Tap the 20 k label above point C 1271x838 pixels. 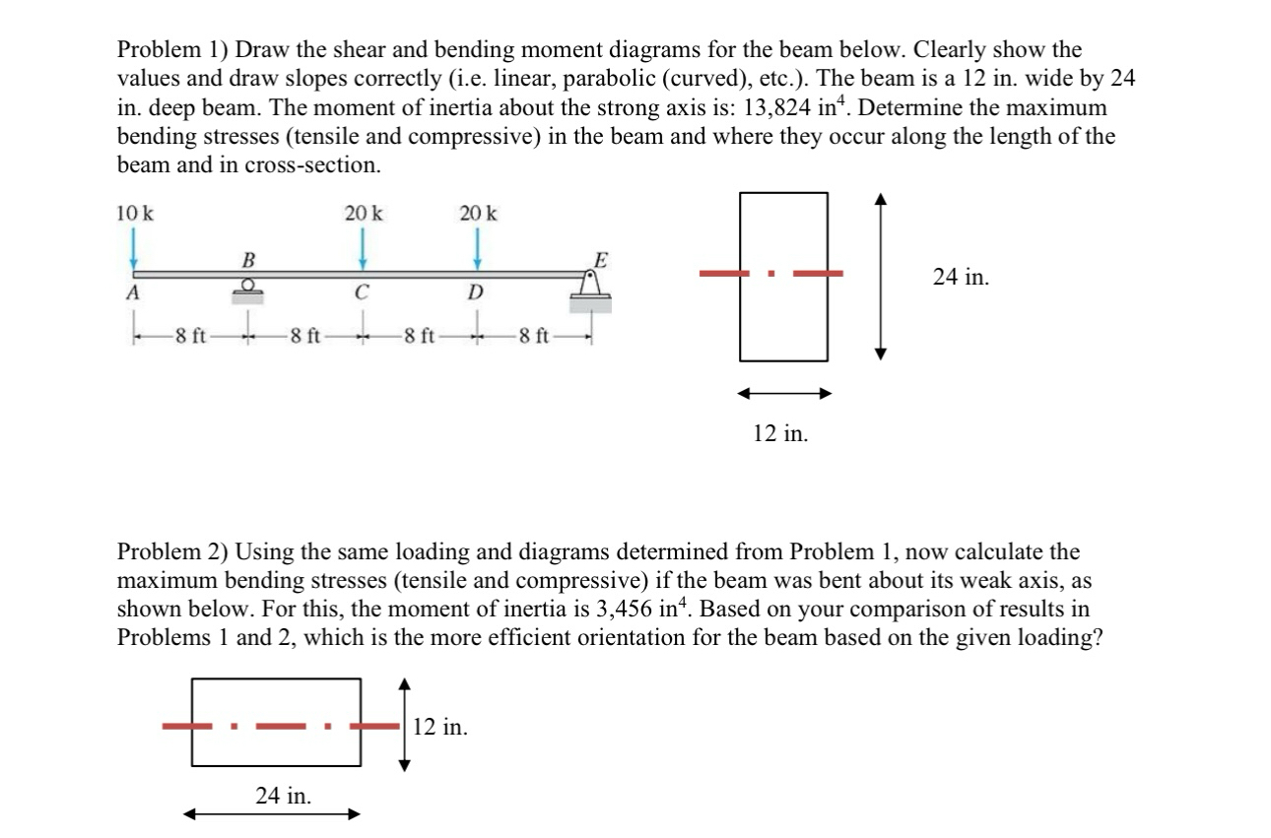364,212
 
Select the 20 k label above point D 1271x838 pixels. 479,212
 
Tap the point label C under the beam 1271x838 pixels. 363,292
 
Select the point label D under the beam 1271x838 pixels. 477,292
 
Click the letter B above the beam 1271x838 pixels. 248,260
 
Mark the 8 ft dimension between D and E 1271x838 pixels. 534,336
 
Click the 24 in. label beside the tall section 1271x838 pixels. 961,278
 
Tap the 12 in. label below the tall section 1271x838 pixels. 780,432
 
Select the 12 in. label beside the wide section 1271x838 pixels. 440,728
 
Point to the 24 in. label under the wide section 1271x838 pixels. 284,796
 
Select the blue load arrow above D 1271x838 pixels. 479,247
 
